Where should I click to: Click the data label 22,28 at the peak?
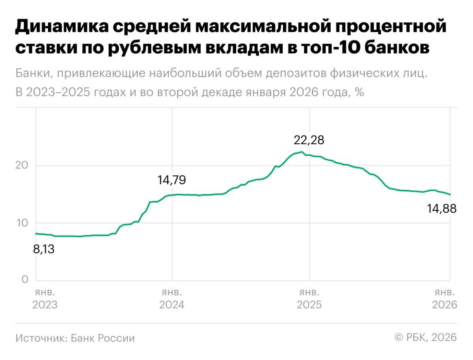tap(309, 140)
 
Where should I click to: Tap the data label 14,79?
tap(171, 181)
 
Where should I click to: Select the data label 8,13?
tap(43, 249)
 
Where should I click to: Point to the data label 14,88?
tap(442, 209)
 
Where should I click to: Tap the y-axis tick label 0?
tap(25, 280)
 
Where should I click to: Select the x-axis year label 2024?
tap(171, 305)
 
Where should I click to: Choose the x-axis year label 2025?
tap(309, 305)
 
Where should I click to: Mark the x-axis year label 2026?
tap(444, 305)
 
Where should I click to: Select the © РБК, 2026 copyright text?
tap(425, 338)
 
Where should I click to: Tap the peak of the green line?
tap(302, 152)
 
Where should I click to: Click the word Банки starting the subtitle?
tap(33, 73)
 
